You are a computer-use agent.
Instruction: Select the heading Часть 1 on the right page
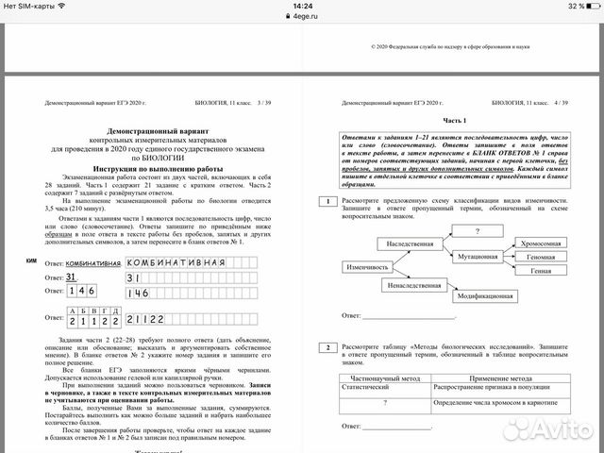tap(455, 123)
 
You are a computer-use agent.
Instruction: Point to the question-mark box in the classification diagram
tap(477, 230)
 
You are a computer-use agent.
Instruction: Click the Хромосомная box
tap(542, 243)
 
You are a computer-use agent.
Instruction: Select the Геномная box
tap(542, 257)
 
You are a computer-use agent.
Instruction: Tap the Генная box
tap(542, 271)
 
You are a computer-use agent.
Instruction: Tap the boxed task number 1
tap(325, 202)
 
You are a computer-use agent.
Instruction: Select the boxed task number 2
tap(325, 348)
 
